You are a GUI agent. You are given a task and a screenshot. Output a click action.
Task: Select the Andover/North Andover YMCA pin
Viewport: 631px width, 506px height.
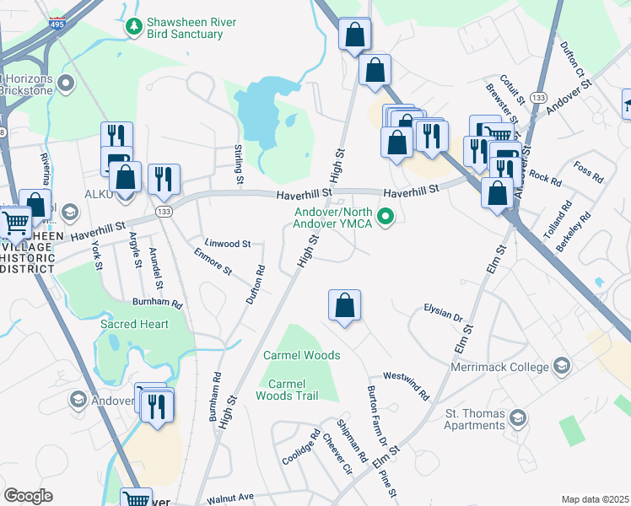(x=386, y=218)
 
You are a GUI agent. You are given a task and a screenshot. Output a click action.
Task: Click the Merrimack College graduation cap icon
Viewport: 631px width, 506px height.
(x=561, y=365)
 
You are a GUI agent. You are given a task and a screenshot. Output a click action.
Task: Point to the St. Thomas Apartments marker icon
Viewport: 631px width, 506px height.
(x=518, y=417)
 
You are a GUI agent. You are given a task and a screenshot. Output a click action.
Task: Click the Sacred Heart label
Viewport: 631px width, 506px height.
(x=134, y=324)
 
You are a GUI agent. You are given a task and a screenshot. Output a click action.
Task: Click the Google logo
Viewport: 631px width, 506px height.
(x=28, y=496)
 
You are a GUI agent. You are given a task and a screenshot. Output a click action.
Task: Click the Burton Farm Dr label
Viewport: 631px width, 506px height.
(x=375, y=417)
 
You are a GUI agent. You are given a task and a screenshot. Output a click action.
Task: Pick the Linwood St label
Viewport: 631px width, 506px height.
(x=227, y=244)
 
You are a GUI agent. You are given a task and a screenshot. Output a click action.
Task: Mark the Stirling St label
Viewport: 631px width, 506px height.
(x=239, y=165)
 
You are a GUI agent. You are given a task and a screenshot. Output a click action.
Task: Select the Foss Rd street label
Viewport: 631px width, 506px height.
(x=587, y=173)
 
